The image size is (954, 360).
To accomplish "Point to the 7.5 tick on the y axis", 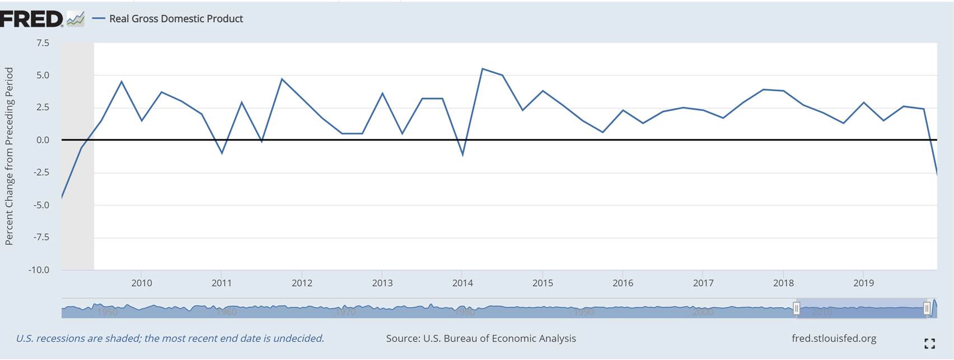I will click(43, 43).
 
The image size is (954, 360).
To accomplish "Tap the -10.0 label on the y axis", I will click(39, 270).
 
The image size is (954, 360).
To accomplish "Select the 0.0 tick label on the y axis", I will click(43, 140).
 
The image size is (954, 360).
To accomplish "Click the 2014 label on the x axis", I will click(462, 283).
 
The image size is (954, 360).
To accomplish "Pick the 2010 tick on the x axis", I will click(142, 283).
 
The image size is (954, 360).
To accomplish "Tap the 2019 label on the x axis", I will click(863, 283).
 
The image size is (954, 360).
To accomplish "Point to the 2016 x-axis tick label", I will click(623, 283).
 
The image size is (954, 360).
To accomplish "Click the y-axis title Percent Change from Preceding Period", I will click(9, 156).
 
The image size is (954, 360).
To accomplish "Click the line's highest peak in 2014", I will click(483, 69).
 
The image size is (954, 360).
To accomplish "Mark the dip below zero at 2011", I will click(222, 153).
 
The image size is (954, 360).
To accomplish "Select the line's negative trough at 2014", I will click(462, 155).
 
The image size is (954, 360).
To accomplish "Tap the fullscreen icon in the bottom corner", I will click(929, 343).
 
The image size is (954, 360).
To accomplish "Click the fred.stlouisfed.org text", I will click(834, 338).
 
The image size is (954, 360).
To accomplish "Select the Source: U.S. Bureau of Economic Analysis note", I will click(481, 338).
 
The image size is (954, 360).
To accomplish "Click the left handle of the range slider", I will click(796, 308).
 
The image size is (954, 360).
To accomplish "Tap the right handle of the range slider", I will click(927, 308).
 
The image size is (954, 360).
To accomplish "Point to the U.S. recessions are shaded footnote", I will click(170, 338).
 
